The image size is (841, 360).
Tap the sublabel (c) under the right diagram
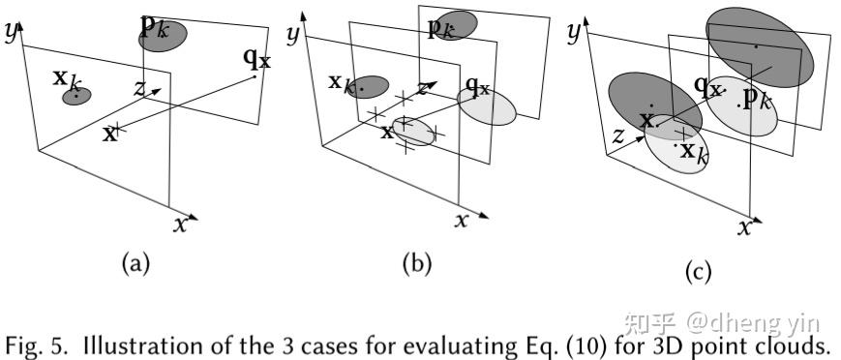[697, 274]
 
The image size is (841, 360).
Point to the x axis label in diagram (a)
[181, 224]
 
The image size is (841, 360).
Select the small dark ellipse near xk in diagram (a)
[77, 96]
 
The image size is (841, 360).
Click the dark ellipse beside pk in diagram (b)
[456, 25]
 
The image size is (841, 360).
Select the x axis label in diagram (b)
[463, 221]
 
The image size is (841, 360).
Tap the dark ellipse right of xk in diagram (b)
[370, 86]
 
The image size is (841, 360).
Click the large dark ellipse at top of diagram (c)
[761, 45]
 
